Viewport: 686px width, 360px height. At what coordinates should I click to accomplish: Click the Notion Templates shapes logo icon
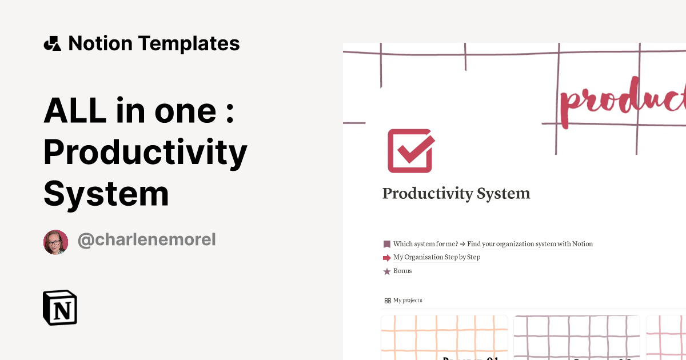click(53, 43)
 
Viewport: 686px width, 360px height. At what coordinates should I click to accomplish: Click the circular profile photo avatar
click(56, 242)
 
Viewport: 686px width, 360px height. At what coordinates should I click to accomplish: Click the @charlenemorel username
click(146, 240)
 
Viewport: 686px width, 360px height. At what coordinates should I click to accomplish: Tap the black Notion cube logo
click(60, 307)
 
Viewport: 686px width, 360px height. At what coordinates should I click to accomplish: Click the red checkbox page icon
click(410, 151)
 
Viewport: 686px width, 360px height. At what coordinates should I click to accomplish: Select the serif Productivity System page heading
click(456, 194)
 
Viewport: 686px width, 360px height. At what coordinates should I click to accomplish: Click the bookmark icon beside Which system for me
click(387, 244)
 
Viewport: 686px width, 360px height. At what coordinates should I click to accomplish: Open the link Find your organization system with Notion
click(530, 244)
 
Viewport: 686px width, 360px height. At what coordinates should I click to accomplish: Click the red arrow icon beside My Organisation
click(387, 258)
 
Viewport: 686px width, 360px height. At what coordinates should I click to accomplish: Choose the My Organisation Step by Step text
click(437, 257)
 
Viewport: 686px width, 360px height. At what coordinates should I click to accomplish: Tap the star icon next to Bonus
click(387, 271)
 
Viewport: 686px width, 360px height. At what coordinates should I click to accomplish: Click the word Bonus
click(402, 271)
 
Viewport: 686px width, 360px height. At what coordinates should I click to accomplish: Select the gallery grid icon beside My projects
click(388, 301)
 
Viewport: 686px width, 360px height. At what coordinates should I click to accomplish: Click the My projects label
click(408, 301)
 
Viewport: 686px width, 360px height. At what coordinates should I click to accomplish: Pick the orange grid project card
click(444, 337)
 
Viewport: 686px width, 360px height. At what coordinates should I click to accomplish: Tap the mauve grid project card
click(576, 337)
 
